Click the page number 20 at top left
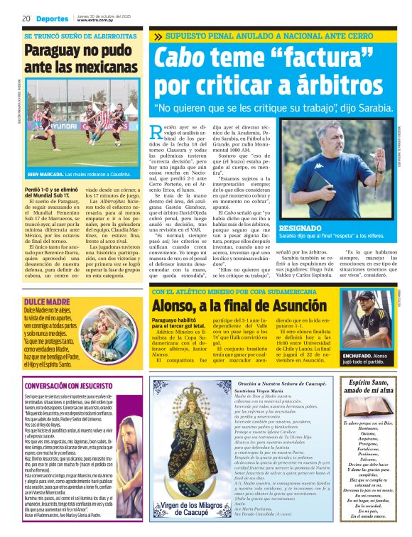[26, 18]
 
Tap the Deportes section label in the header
[53, 18]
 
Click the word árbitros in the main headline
[320, 84]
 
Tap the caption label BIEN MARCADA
[48, 193]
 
